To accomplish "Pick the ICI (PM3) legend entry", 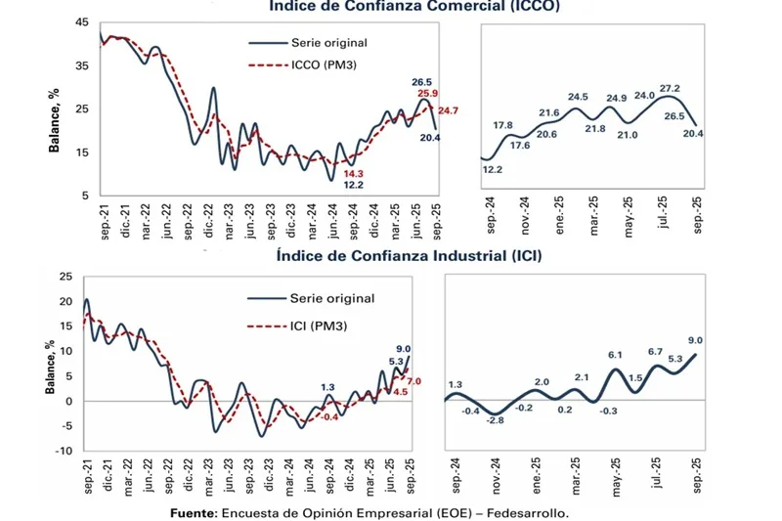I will point(319,326).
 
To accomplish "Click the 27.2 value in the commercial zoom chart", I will point(670,88).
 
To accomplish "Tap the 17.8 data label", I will point(503,125).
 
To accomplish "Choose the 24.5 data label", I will point(578,97).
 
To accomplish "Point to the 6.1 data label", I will point(615,355).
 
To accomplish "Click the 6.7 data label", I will point(655,352).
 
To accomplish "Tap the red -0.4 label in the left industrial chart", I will point(329,417).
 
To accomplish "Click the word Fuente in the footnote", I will point(193,511).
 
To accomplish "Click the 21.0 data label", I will point(627,135).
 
